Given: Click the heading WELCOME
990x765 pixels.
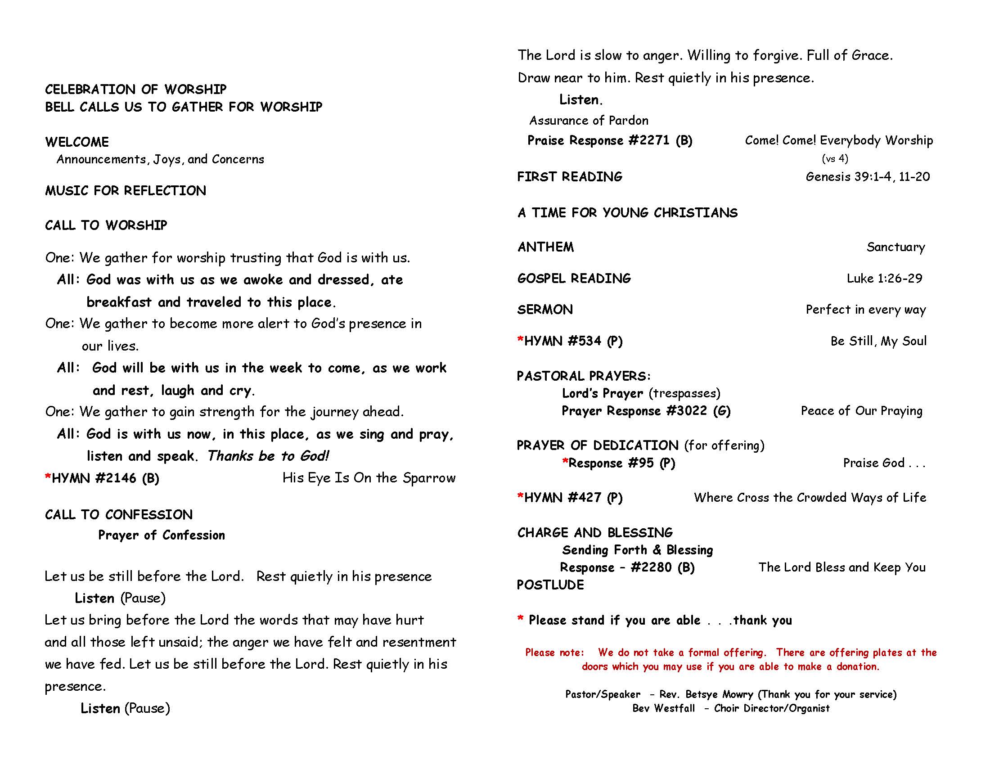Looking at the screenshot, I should (77, 142).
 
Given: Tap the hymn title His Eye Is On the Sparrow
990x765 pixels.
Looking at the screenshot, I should (369, 477).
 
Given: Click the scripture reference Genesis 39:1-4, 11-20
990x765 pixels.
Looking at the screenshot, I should (868, 177).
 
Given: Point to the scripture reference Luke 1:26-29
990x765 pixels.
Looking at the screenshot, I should (884, 278).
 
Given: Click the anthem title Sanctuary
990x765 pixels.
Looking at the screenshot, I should (895, 247).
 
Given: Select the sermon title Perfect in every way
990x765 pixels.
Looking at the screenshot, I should (865, 310).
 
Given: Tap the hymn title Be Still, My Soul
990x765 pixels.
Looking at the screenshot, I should (878, 341).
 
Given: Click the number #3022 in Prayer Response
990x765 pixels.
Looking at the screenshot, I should (686, 411).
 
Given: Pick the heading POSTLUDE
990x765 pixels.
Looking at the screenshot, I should (550, 585).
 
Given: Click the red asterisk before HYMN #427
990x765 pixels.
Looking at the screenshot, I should (520, 497).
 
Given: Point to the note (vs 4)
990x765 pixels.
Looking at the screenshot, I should (834, 158).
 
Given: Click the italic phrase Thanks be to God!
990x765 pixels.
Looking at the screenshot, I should (268, 456).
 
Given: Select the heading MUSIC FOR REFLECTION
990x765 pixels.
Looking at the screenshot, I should (126, 191).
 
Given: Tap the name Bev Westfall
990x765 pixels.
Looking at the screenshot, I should (663, 708).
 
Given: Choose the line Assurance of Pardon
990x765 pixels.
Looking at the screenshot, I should (589, 121).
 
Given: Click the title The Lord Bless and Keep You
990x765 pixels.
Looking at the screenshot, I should (842, 567).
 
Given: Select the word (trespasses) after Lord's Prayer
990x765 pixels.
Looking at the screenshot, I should (684, 393).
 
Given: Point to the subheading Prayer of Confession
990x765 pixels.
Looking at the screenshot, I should (162, 535).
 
